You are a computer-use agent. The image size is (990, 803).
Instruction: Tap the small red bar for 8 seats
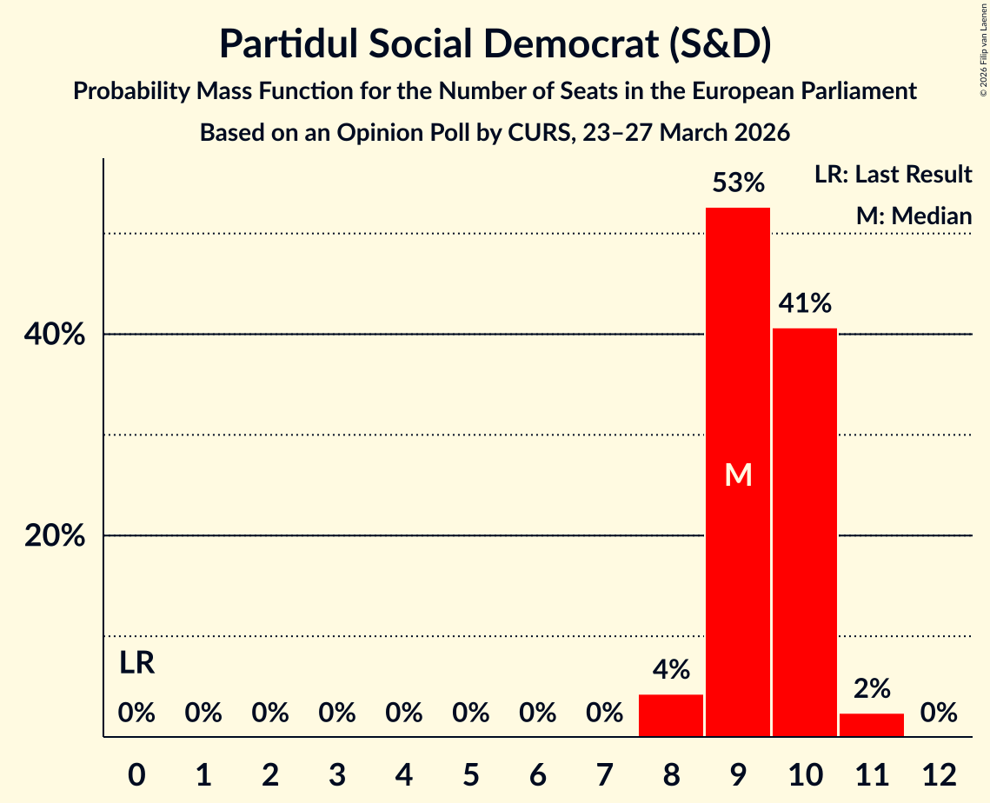[670, 715]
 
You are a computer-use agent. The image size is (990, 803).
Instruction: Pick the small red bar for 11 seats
[871, 725]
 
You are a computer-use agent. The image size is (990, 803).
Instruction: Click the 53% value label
[737, 183]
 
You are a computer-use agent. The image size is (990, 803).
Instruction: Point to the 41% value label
[804, 303]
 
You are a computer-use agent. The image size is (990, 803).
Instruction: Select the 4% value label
[670, 670]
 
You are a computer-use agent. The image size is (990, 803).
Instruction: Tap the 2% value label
[871, 689]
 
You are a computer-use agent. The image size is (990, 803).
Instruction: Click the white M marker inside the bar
[737, 474]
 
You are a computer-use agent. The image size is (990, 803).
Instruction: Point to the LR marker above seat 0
[136, 664]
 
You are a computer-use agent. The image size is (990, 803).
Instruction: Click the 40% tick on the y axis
[55, 335]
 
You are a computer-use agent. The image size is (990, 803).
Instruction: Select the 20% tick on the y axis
[55, 536]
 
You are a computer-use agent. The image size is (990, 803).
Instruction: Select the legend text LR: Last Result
[893, 175]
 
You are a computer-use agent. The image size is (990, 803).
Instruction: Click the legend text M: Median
[914, 216]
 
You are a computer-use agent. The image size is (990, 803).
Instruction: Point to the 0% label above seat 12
[938, 713]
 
